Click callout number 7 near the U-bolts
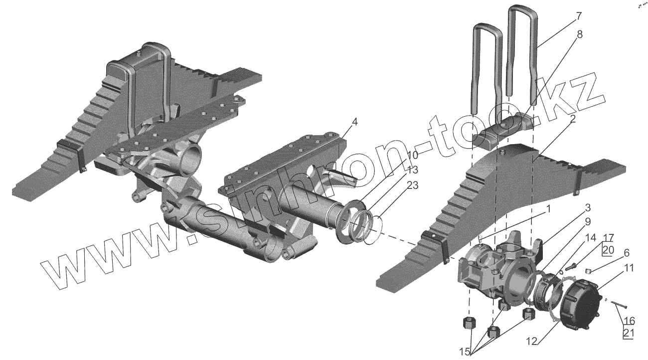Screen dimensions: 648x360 coord(578,16)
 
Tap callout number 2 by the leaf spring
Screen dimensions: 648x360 coord(573,119)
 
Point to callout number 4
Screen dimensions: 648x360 coord(354,122)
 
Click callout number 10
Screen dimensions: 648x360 coord(413,155)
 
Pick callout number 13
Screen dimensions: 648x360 coord(413,171)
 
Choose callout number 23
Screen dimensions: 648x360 coord(413,186)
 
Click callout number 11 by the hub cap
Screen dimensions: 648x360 coord(629,268)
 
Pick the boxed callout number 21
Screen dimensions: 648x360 coord(628,332)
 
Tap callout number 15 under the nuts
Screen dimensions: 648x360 coord(465,352)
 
